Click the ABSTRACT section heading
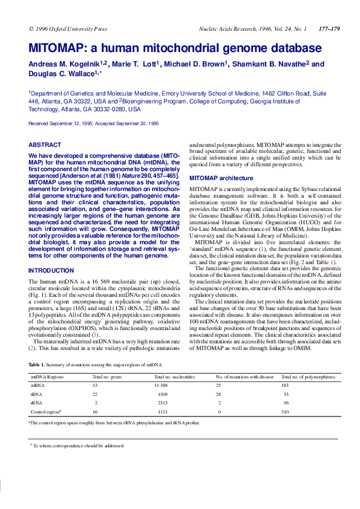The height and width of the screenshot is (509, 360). tap(45, 144)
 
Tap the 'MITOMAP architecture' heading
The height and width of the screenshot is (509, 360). tap(221, 178)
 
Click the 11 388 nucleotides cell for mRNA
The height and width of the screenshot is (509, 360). tap(160, 385)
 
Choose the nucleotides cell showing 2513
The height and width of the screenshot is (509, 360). tap(160, 402)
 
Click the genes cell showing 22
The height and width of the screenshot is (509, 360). tap(95, 394)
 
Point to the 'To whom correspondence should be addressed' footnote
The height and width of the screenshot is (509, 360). tap(78, 445)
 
